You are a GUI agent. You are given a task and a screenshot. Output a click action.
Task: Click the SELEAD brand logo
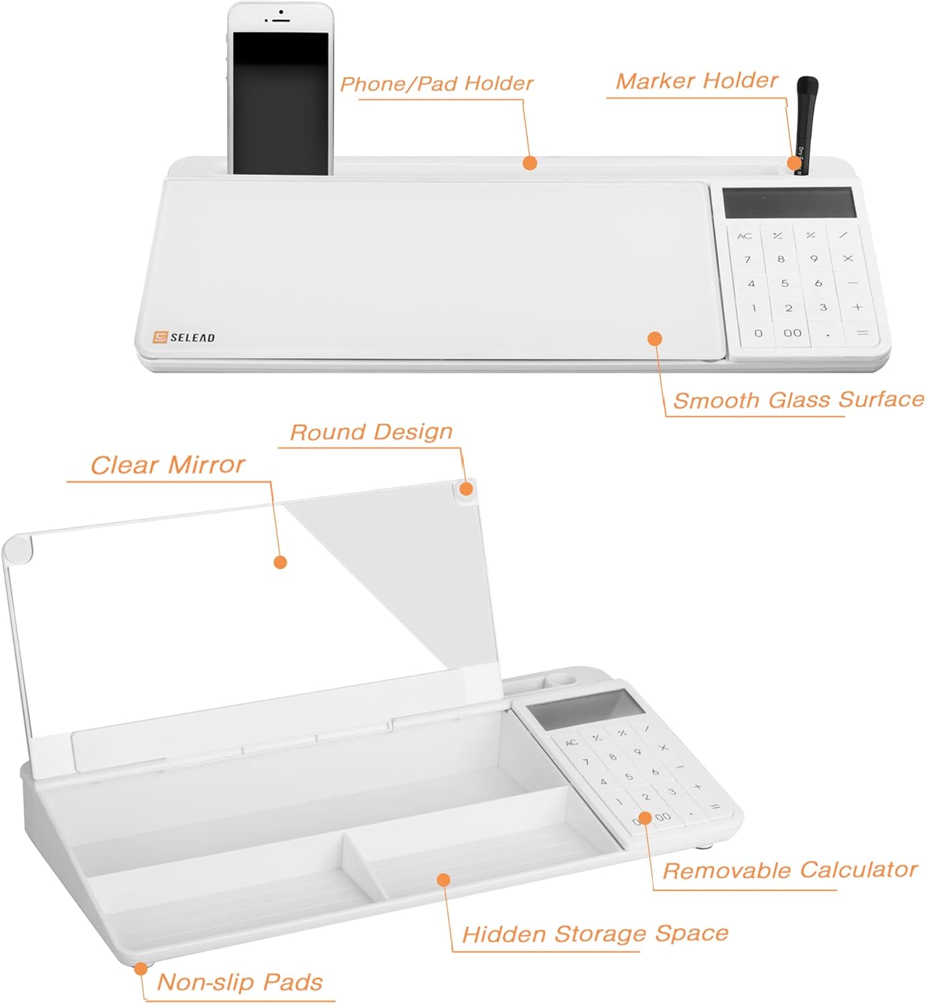pos(184,337)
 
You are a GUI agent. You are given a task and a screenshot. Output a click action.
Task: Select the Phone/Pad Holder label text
pos(437,84)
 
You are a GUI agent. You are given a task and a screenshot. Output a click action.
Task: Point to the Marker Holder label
pos(696,81)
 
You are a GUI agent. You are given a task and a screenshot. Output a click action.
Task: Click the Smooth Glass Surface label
pos(798,400)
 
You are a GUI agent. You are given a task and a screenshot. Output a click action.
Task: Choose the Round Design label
pos(372,432)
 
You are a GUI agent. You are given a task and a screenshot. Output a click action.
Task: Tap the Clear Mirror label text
pos(167,465)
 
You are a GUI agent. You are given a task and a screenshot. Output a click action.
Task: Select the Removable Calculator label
pos(789,870)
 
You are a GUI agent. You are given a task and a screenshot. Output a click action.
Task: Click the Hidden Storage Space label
pos(595,934)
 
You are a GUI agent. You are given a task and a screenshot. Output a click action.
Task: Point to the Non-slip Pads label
pos(240,982)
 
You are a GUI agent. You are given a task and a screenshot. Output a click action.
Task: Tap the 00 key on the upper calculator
pos(792,333)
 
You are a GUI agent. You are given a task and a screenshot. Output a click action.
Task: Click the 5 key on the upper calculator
pos(784,283)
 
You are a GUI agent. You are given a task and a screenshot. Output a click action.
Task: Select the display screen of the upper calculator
pos(789,202)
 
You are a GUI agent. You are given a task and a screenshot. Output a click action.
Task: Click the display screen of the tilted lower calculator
pos(584,709)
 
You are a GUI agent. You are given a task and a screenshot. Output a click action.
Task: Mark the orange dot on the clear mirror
pos(281,562)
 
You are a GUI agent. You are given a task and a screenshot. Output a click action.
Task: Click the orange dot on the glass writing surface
pos(655,339)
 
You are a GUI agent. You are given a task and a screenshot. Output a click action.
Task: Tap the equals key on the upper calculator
pos(862,333)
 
